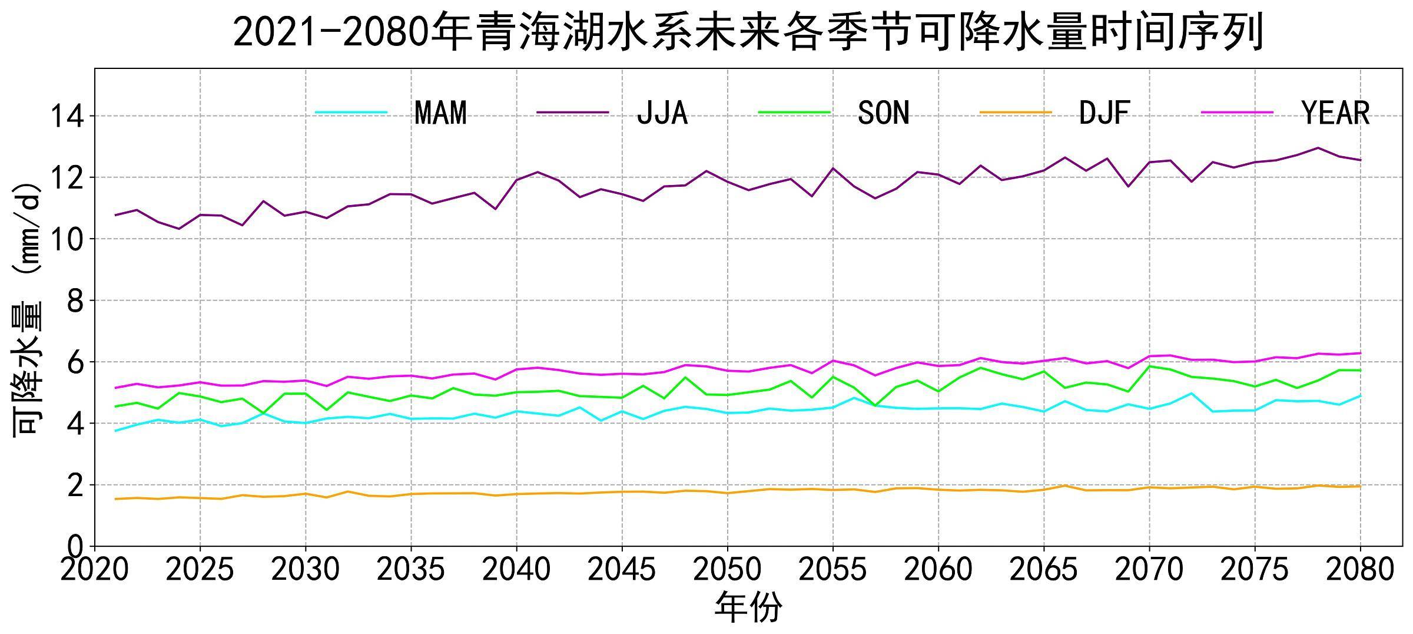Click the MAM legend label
(x=440, y=113)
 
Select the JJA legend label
(x=662, y=113)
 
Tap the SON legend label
(x=884, y=113)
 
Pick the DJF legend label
(x=1104, y=113)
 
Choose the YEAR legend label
(x=1335, y=113)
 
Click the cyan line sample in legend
(x=351, y=113)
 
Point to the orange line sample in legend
(x=1016, y=113)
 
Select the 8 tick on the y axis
(x=75, y=301)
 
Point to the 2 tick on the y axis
(x=75, y=486)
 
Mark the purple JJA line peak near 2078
(x=1318, y=148)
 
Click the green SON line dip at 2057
(x=875, y=405)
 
